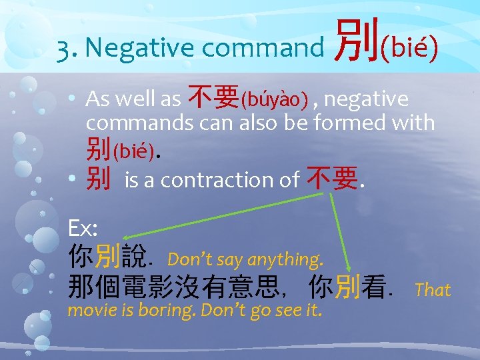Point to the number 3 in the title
pyautogui.click(x=63, y=48)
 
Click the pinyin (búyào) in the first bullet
pyautogui.click(x=274, y=101)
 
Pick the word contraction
pyautogui.click(x=209, y=180)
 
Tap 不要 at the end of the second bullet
pyautogui.click(x=331, y=179)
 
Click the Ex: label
pyautogui.click(x=83, y=229)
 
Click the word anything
pyautogui.click(x=286, y=258)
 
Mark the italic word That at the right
pyautogui.click(x=433, y=289)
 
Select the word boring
pyautogui.click(x=171, y=310)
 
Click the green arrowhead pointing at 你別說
pyautogui.click(x=127, y=236)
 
